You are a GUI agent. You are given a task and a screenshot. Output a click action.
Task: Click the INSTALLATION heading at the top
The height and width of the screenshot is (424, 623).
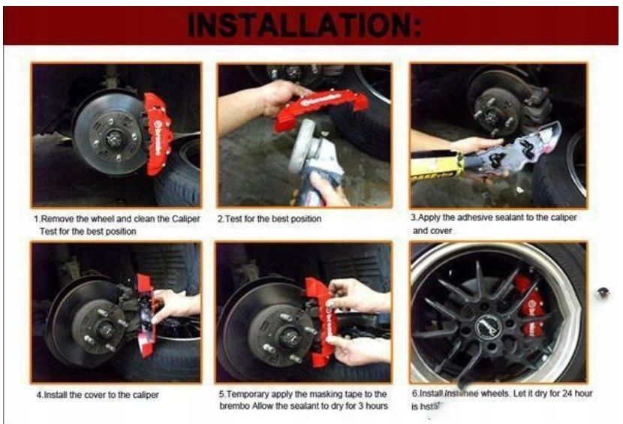pos(305,24)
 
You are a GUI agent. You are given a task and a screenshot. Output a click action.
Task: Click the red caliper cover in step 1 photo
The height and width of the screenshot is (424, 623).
pos(159,131)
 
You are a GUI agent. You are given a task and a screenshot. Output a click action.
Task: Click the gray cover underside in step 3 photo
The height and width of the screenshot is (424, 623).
pos(526,149)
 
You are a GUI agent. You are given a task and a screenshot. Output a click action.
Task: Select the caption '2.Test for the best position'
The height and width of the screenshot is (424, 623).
pos(269,219)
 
